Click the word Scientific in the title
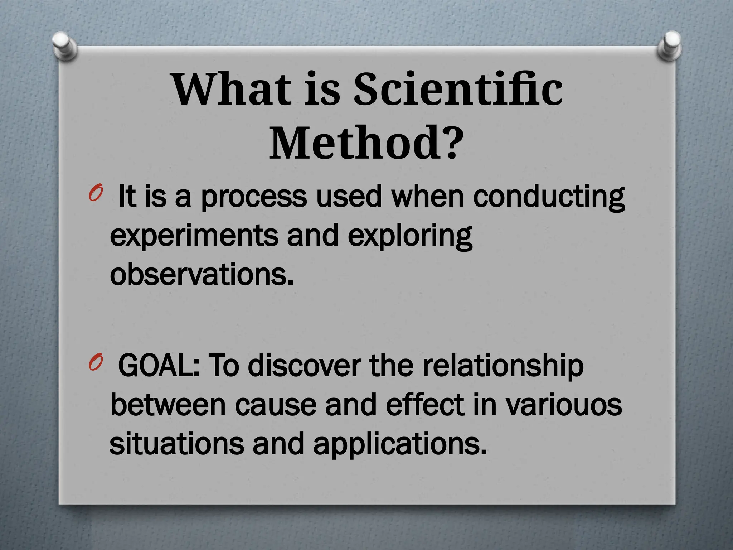coord(458,89)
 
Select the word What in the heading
coord(231,89)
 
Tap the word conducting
coord(549,197)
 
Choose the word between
coord(168,405)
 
